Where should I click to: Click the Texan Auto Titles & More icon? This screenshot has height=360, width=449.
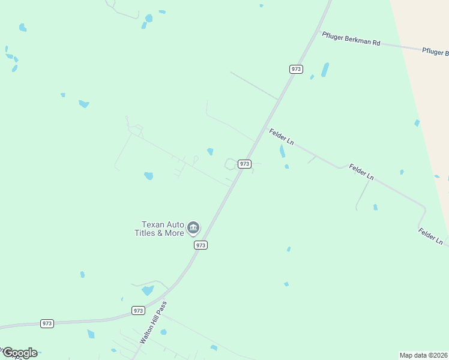tap(193, 227)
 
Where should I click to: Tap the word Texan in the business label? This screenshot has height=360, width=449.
tap(153, 224)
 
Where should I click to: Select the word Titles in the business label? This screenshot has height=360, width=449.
tap(143, 233)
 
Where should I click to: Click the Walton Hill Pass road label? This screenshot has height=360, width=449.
tap(152, 323)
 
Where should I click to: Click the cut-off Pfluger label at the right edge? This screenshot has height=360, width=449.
tap(435, 52)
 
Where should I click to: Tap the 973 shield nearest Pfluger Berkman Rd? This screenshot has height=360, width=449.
tap(295, 69)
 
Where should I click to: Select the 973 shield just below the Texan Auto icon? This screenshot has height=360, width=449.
tap(201, 245)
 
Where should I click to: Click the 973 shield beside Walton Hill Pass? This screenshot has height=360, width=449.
tap(138, 310)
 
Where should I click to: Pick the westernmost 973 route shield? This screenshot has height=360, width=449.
tap(47, 323)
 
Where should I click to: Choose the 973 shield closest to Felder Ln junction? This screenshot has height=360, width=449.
tap(244, 164)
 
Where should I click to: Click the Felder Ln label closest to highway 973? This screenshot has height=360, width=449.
tap(281, 137)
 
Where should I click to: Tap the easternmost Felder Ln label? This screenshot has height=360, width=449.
tap(430, 236)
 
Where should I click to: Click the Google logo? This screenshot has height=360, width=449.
tap(20, 353)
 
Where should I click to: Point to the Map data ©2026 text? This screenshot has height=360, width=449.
tap(423, 355)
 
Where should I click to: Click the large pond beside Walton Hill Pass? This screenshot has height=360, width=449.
tap(147, 290)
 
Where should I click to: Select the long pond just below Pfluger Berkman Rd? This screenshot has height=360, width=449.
tap(325, 70)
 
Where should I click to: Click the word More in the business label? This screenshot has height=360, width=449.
tap(174, 233)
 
